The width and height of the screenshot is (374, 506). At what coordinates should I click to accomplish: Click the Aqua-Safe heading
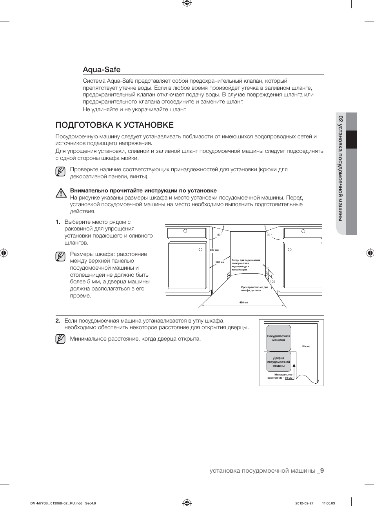(102, 70)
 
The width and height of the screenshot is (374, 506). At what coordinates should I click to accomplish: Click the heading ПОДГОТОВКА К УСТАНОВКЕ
(114, 125)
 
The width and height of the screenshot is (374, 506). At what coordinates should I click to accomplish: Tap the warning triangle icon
(61, 193)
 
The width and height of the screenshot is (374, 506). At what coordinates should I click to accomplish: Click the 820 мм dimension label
(214, 250)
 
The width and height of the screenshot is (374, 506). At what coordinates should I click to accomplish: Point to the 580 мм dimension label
(220, 262)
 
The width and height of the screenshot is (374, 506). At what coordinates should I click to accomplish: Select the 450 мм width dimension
(243, 303)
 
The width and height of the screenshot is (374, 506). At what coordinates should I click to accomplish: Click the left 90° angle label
(220, 235)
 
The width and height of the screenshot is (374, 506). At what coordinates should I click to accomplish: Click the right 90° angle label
(269, 235)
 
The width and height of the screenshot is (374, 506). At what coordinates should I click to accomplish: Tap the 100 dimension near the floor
(272, 281)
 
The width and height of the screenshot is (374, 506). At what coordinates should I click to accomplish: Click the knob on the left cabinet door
(200, 250)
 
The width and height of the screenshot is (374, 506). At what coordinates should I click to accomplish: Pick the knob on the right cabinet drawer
(303, 231)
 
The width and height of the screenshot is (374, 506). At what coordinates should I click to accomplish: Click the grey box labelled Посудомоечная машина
(279, 338)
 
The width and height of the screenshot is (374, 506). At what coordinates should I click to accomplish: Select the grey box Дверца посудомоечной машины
(279, 362)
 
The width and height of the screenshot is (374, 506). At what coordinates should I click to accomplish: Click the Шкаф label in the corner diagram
(306, 346)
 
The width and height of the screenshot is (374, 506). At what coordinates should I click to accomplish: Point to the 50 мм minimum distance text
(289, 378)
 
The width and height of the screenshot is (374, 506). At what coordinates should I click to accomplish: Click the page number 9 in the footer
(322, 471)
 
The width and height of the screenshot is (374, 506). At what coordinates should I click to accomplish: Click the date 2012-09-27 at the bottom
(304, 504)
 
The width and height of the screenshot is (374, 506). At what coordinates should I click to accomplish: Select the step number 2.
(58, 321)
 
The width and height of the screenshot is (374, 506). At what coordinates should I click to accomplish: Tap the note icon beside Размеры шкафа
(60, 257)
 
